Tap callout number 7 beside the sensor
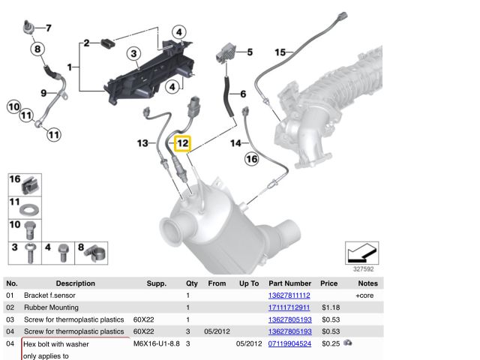pyautogui.click(x=48, y=28)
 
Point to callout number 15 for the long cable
pyautogui.click(x=280, y=52)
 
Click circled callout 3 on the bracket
pyautogui.click(x=133, y=53)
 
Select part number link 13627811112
pyautogui.click(x=289, y=295)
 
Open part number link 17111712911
pyautogui.click(x=289, y=307)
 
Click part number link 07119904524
pyautogui.click(x=289, y=343)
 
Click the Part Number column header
pyautogui.click(x=289, y=283)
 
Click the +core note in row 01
pyautogui.click(x=364, y=295)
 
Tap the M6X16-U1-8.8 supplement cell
pyautogui.click(x=156, y=343)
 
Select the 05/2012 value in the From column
pyautogui.click(x=216, y=331)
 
